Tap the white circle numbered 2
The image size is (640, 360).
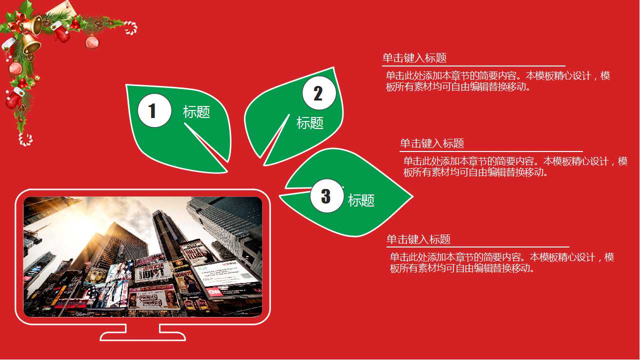(x=319, y=93)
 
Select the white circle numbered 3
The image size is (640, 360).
(x=326, y=196)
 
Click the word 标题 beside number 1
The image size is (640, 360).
(x=196, y=112)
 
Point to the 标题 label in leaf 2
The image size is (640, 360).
(x=310, y=122)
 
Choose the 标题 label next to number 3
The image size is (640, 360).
(x=361, y=200)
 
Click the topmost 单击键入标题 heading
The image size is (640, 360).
(x=414, y=58)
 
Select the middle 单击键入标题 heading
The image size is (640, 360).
(x=432, y=143)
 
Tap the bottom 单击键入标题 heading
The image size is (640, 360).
(x=418, y=239)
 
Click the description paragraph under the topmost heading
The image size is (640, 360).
(x=497, y=81)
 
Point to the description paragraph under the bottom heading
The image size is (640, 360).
(x=501, y=263)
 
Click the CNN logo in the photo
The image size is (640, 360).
(x=214, y=291)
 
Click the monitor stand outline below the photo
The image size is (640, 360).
(x=142, y=332)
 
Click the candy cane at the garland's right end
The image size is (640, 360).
(x=131, y=27)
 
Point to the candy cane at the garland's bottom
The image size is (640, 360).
(x=25, y=139)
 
